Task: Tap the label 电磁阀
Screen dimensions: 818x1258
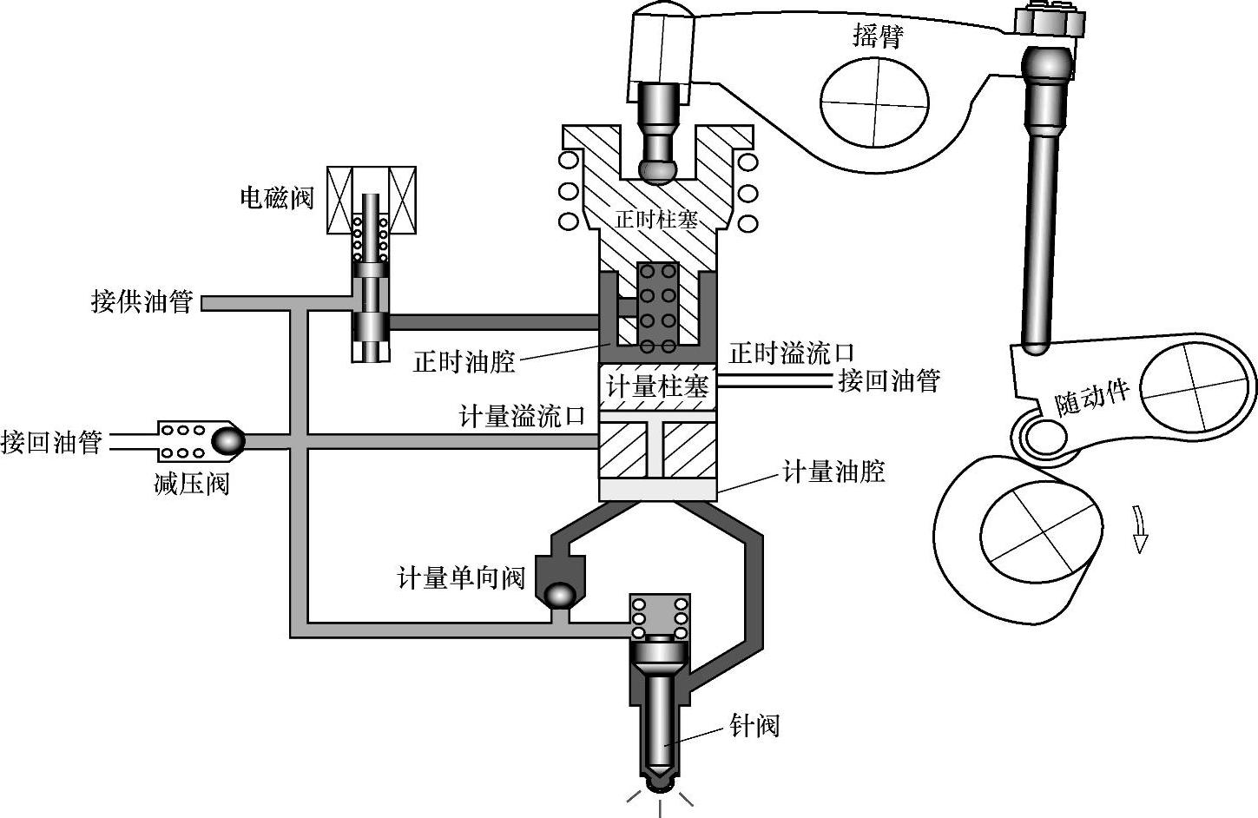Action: point(277,198)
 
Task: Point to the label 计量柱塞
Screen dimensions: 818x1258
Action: point(657,386)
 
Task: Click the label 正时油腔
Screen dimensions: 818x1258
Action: point(464,361)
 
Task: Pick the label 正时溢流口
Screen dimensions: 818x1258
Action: point(791,353)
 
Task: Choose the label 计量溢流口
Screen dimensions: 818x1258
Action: point(523,416)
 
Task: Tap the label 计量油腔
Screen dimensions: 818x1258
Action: point(833,472)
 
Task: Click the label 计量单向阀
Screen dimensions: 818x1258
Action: point(461,577)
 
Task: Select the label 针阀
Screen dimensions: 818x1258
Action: point(754,725)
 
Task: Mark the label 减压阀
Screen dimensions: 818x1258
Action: point(191,483)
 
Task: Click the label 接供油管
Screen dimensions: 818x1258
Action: point(142,301)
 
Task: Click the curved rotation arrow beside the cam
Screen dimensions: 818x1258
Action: point(1140,531)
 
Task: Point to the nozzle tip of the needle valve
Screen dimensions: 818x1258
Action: point(661,781)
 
